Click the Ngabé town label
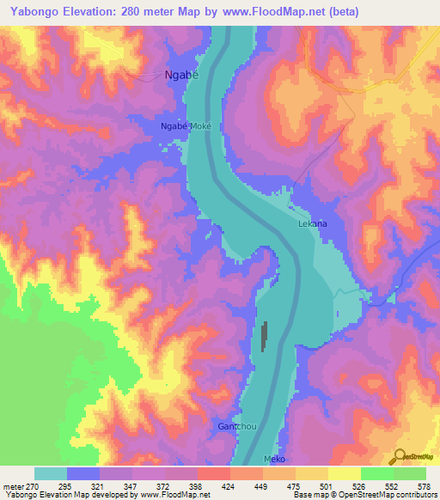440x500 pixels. click(x=180, y=75)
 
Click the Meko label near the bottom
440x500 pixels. click(x=273, y=460)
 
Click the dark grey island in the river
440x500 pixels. click(x=264, y=337)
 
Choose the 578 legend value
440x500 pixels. click(x=425, y=485)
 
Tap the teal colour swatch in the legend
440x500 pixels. click(x=50, y=473)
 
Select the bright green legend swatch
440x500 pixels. click(x=376, y=473)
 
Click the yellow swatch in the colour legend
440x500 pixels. click(x=344, y=473)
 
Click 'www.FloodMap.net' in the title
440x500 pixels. click(x=277, y=11)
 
